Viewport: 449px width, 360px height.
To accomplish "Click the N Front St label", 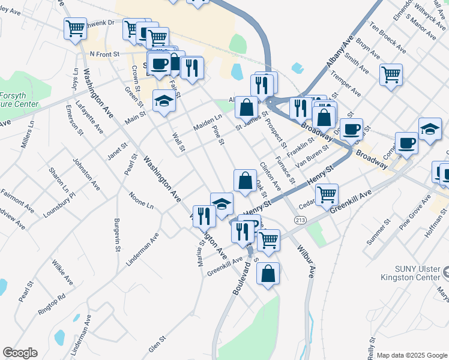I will click(105, 54).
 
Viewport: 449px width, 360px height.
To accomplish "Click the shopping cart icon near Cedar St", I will click(327, 194).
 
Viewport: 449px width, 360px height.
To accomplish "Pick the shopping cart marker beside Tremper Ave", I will click(391, 74).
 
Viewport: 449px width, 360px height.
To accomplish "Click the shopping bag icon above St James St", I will click(246, 107).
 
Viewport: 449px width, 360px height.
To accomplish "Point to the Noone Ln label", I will click(141, 200).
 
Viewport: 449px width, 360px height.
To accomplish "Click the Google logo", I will click(20, 353).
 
